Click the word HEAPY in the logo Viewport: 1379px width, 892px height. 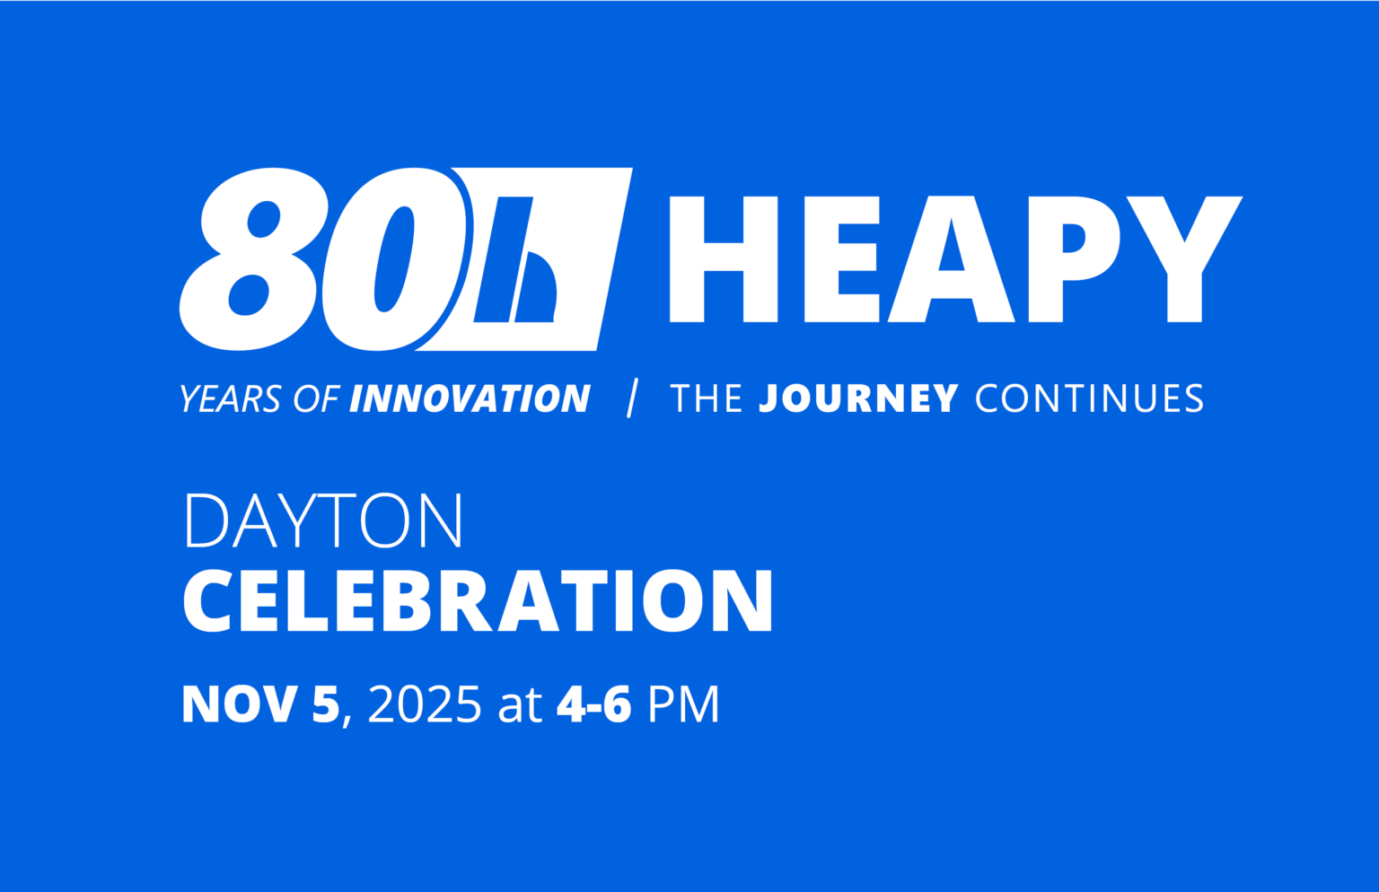953,259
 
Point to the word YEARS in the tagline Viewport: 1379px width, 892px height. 231,399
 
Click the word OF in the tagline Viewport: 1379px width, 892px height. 316,399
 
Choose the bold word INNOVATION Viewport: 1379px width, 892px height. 470,399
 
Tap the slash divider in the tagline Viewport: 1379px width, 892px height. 632,398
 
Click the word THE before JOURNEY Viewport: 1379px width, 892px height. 707,399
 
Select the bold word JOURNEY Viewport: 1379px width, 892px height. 858,399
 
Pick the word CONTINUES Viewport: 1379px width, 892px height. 1089,399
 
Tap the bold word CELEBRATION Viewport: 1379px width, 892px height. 478,601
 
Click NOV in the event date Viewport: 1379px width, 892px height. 239,705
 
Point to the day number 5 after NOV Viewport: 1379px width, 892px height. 325,705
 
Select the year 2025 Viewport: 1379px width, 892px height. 425,705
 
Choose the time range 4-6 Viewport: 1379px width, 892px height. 593,705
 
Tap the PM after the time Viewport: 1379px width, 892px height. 683,705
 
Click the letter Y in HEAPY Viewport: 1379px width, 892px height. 1185,259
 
